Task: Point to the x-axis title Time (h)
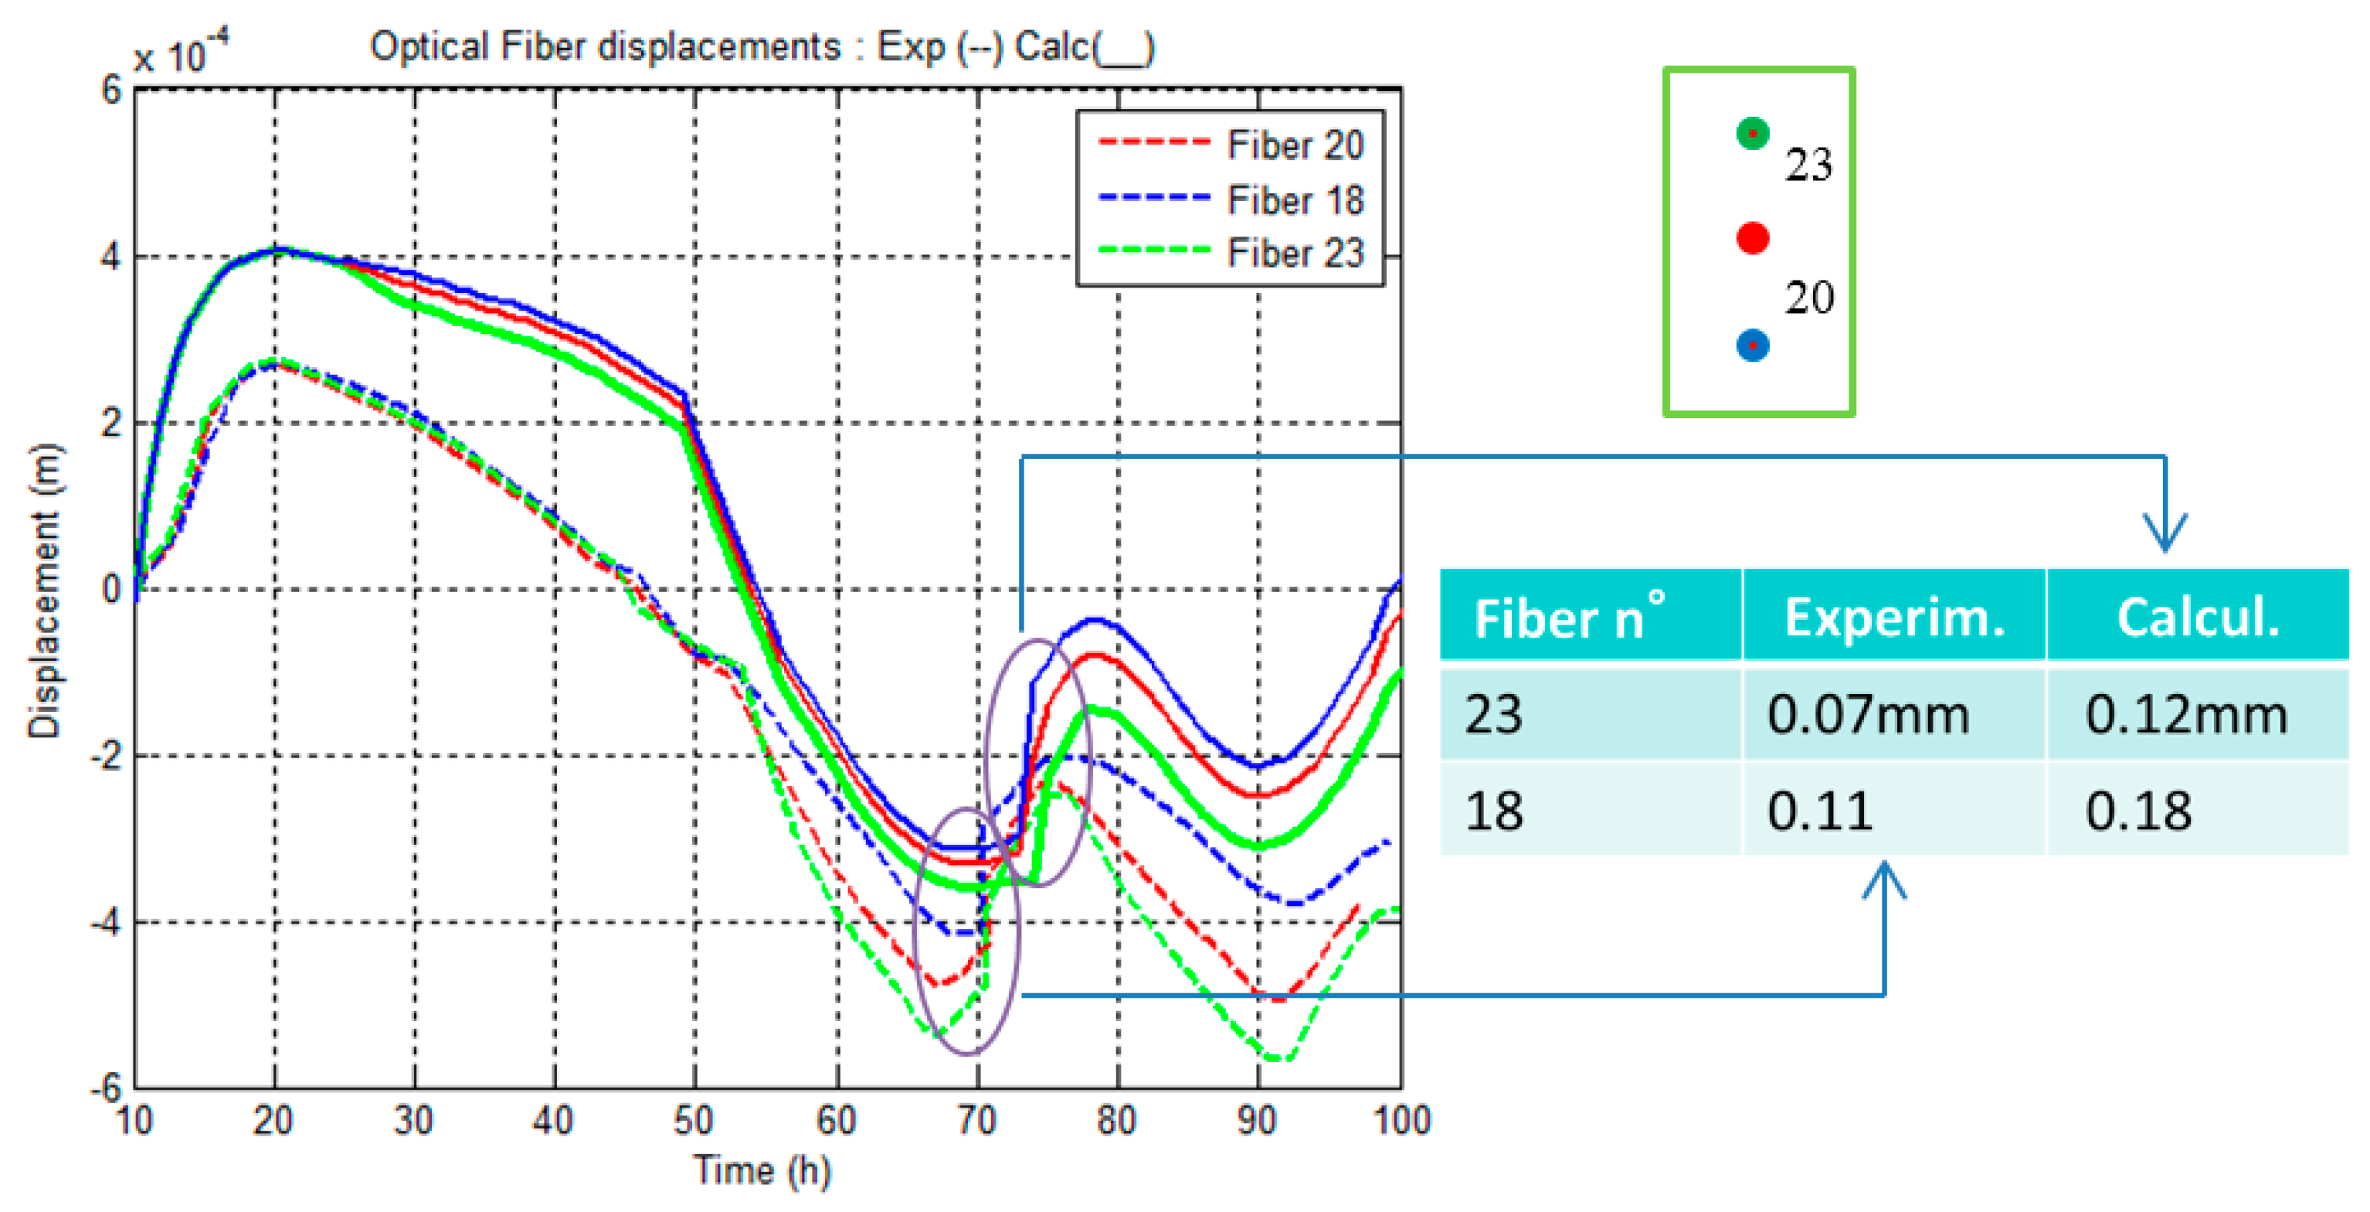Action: pyautogui.click(x=762, y=1170)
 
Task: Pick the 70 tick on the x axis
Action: pyautogui.click(x=977, y=1121)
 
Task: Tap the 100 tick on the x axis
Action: pyautogui.click(x=1401, y=1121)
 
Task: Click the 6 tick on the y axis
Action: pyautogui.click(x=111, y=90)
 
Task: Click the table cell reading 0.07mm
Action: pyautogui.click(x=1868, y=714)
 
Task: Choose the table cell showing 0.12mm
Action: pyautogui.click(x=2186, y=714)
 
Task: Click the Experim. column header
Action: pyautogui.click(x=1893, y=617)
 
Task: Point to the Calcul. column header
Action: pyautogui.click(x=2197, y=617)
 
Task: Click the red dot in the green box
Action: pyautogui.click(x=1752, y=238)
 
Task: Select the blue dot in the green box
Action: pyautogui.click(x=1752, y=345)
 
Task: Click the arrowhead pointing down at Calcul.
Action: pyautogui.click(x=2165, y=534)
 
